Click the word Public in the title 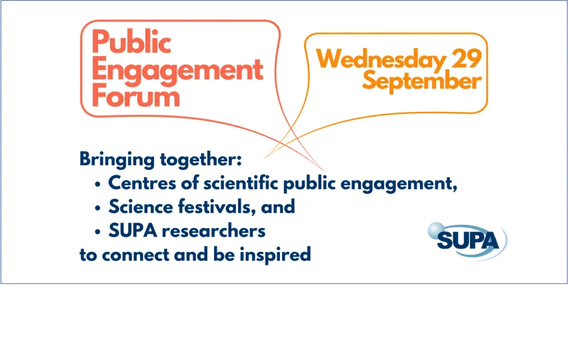(x=131, y=43)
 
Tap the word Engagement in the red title (x=177, y=70)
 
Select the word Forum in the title (x=136, y=96)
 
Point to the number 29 (x=466, y=59)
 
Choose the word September (x=422, y=81)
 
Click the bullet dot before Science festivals (x=97, y=208)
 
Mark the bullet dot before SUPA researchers (x=97, y=232)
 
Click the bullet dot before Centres (x=97, y=184)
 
